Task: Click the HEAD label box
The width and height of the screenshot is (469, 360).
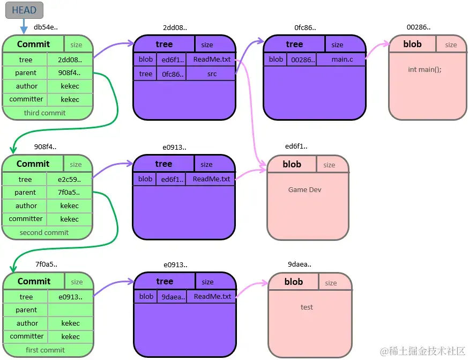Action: pyautogui.click(x=24, y=10)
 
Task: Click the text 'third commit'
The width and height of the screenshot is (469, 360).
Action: pyautogui.click(x=44, y=113)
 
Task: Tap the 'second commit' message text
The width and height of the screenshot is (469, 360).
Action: pyautogui.click(x=44, y=232)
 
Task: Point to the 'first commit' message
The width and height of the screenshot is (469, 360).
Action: pyautogui.click(x=45, y=350)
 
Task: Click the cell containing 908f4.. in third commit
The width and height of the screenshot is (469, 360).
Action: pyautogui.click(x=70, y=72)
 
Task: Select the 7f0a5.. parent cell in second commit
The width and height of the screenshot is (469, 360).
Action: pyautogui.click(x=70, y=192)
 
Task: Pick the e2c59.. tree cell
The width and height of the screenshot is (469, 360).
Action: pyautogui.click(x=70, y=179)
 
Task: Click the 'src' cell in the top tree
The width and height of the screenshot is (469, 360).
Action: pyautogui.click(x=212, y=74)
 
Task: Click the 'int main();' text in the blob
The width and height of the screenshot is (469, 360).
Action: pyautogui.click(x=425, y=69)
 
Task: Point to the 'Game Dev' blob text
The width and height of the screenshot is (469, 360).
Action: pyautogui.click(x=304, y=189)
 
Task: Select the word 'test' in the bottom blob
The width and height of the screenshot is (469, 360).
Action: pyautogui.click(x=307, y=307)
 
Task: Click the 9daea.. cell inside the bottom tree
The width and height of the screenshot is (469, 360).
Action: pyautogui.click(x=172, y=296)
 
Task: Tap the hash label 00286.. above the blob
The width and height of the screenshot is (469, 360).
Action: pyautogui.click(x=418, y=27)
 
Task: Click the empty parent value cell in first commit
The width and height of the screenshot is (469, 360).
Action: pyautogui.click(x=70, y=310)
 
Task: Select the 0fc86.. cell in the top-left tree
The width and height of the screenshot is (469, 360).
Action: pyautogui.click(x=172, y=74)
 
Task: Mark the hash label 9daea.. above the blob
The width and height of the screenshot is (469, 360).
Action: pyautogui.click(x=299, y=264)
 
